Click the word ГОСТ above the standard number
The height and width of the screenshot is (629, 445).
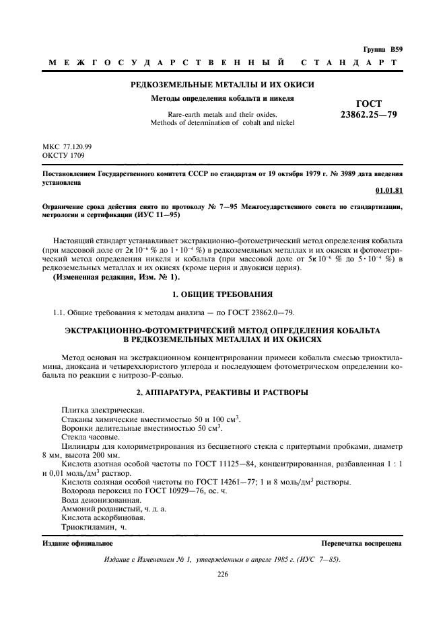click(x=369, y=103)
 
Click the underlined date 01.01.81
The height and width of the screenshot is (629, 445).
click(x=389, y=191)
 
